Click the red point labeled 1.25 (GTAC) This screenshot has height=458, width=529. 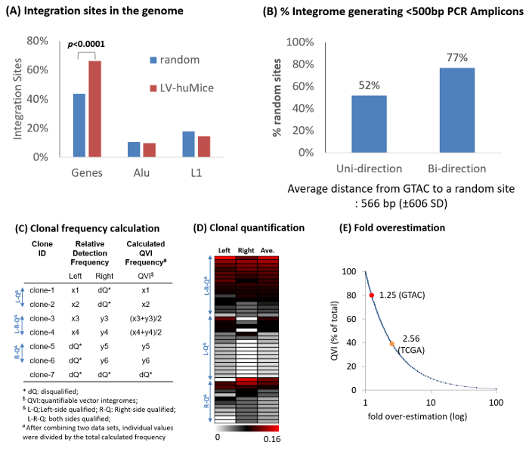coord(371,295)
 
